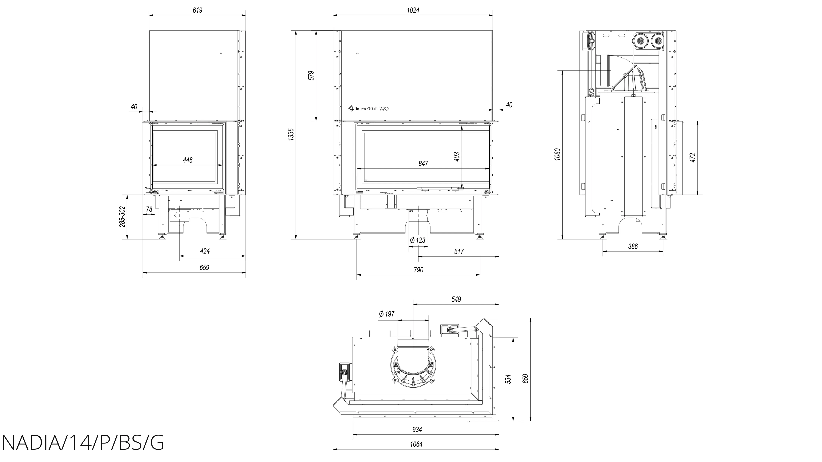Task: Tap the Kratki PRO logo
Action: coord(369,109)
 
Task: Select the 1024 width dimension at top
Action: coord(413,10)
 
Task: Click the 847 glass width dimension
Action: coord(423,164)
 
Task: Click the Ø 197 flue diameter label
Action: coord(387,314)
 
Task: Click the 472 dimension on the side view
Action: coord(692,157)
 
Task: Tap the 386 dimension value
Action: coord(633,246)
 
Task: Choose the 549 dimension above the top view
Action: coord(456,299)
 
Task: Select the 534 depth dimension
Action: coord(509,379)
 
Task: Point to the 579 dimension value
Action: coord(311,76)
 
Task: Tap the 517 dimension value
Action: coord(458,252)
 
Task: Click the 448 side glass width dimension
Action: coord(188,160)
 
